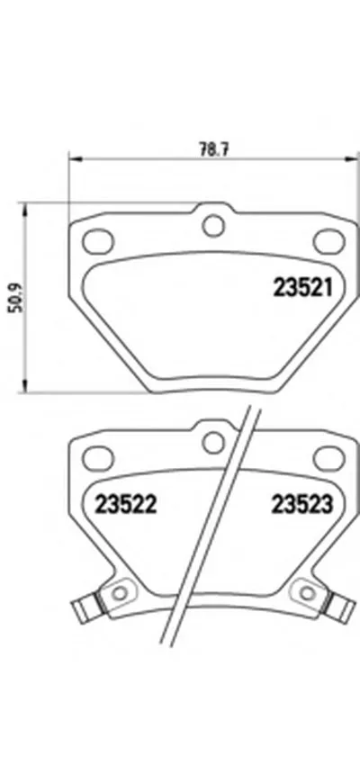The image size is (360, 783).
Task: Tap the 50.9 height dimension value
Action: point(13,297)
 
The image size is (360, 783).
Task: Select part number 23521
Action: point(303,289)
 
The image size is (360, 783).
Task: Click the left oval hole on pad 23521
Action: point(95,240)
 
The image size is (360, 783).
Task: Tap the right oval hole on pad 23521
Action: point(327,240)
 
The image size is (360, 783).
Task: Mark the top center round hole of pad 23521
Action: point(212,225)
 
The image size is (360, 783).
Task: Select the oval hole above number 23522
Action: point(95,458)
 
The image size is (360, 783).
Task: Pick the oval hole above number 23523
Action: point(326,458)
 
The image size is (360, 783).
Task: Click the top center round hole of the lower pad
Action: point(212,442)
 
